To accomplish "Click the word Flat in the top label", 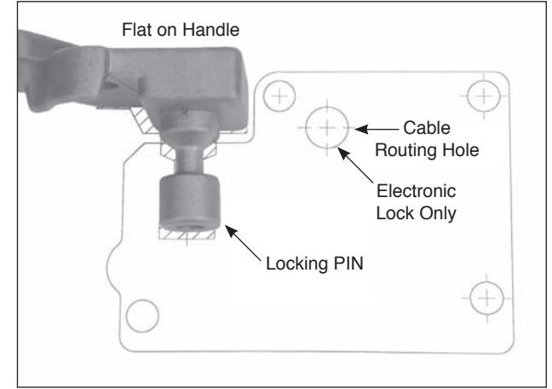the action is click(136, 30).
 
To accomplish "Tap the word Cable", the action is click(427, 128).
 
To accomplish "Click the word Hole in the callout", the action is click(461, 150).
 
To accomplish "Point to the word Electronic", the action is click(416, 191).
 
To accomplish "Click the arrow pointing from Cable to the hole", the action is click(377, 129).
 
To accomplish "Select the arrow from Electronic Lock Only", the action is click(355, 165).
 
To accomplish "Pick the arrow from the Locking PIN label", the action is click(243, 243).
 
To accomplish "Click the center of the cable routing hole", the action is click(327, 128).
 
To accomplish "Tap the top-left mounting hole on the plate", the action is click(279, 96).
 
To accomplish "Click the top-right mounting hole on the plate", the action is click(484, 96).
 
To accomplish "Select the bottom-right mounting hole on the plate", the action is click(487, 299).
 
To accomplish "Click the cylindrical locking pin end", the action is click(190, 202).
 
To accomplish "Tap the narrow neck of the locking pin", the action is click(189, 160).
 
